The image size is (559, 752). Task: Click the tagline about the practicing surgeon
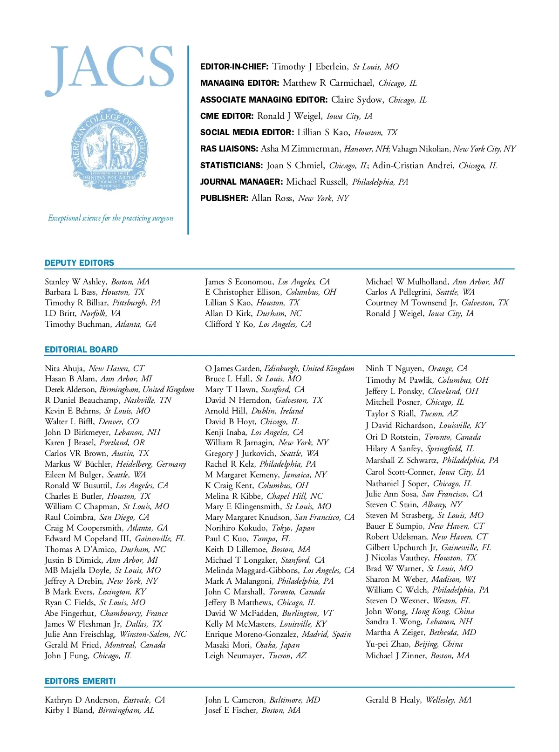tap(110, 218)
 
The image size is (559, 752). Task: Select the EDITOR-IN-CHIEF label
tap(234, 67)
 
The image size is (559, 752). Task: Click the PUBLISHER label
tap(224, 198)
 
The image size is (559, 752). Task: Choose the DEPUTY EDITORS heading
tap(79, 263)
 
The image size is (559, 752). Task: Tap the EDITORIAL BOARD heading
tap(81, 350)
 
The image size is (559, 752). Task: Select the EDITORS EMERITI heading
tap(80, 681)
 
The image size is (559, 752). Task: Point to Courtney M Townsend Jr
tap(411, 303)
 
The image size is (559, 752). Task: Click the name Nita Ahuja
tap(64, 368)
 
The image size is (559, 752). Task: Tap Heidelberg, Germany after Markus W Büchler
tap(151, 464)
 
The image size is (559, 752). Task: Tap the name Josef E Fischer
tap(231, 710)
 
